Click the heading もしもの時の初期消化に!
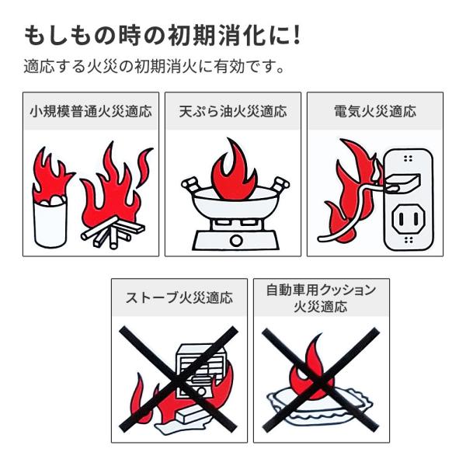162,36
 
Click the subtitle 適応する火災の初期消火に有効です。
154,66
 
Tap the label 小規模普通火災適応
91,111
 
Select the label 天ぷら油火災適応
233,111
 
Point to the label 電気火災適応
375,111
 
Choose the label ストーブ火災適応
179,297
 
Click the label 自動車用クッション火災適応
322,298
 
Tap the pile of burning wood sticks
113,232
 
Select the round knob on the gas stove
236,240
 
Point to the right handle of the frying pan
280,184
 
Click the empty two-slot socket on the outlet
408,219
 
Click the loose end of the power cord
321,238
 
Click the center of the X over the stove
179,380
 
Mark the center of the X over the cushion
321,380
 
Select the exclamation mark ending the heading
296,36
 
